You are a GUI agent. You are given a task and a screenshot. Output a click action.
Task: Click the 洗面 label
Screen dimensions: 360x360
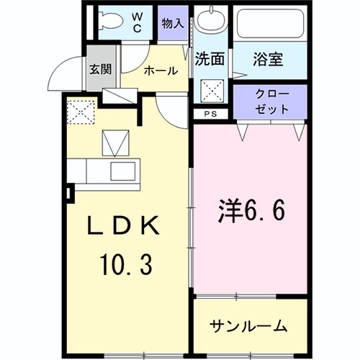pos(208,61)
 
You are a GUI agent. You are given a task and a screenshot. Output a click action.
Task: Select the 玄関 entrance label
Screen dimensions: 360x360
pos(100,71)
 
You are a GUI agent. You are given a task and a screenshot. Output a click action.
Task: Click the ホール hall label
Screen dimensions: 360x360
pos(158,71)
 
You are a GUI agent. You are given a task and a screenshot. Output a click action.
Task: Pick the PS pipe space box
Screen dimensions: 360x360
pos(210,114)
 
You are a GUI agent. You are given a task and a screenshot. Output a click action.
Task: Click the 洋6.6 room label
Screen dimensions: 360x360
pos(252,211)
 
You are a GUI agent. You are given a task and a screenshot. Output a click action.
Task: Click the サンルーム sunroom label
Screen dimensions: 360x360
pos(248,325)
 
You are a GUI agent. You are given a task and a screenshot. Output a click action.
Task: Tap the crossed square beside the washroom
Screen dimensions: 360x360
pos(211,91)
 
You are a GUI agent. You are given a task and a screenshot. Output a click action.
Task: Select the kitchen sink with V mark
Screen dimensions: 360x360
pos(114,143)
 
